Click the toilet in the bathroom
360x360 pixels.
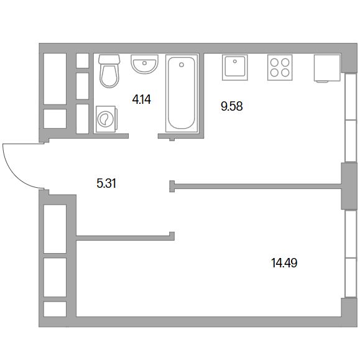coord(109,71)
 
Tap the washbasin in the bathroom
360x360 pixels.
coord(144,64)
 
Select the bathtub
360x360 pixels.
coord(182,93)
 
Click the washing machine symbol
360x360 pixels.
coord(106,119)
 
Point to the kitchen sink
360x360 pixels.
coord(235,67)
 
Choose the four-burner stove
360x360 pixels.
coord(280,68)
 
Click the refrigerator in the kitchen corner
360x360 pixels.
coord(327,68)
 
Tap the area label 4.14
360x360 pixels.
coord(141,99)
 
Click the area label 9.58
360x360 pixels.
coord(232,106)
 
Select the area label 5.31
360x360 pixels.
coord(106,183)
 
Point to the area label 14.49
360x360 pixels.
coord(284,262)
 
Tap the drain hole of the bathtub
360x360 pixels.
coord(182,65)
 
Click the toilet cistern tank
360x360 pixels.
coord(109,59)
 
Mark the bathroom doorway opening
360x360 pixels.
coord(143,136)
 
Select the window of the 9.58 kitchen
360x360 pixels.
coord(351,118)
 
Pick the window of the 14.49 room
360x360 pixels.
coord(351,254)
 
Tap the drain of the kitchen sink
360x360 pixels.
coord(234,62)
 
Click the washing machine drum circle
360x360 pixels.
coord(105,119)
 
